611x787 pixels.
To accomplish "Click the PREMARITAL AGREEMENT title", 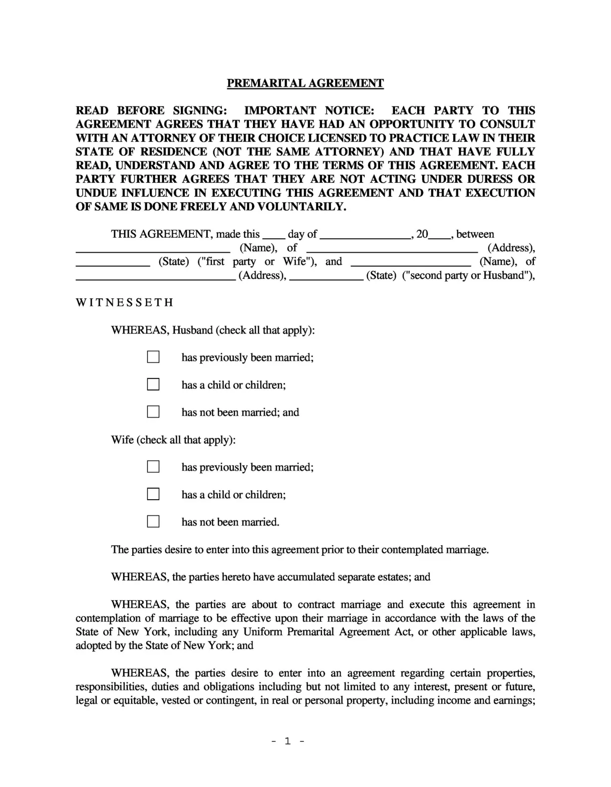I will [305, 83].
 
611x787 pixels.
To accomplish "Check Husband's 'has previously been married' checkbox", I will [153, 357].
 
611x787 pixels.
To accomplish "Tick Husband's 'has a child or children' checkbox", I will [153, 384].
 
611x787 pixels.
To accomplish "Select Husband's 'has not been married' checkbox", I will [153, 412].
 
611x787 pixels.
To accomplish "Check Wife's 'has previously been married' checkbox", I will [153, 467].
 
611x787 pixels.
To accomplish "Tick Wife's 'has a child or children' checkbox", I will [153, 494].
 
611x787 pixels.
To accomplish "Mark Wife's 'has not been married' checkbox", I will [153, 521].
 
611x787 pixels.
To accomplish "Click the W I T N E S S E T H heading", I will [124, 302].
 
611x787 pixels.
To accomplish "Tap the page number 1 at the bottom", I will [287, 741].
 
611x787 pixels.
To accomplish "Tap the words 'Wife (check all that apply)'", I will [173, 440].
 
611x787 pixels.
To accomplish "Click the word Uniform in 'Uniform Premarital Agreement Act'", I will [263, 631].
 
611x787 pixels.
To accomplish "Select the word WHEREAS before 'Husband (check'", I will [140, 330].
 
